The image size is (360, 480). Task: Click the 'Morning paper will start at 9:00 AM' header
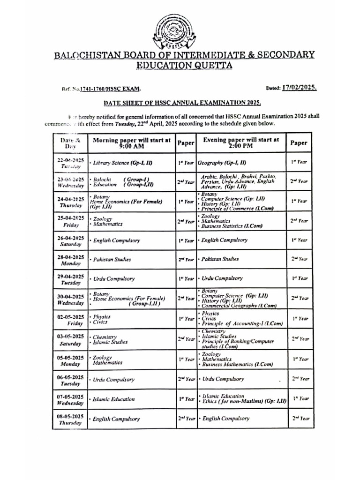click(132, 142)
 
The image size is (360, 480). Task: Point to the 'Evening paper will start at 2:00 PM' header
click(241, 142)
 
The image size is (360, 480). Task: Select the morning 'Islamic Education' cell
click(114, 399)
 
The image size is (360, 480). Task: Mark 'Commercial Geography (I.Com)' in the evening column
click(239, 306)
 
